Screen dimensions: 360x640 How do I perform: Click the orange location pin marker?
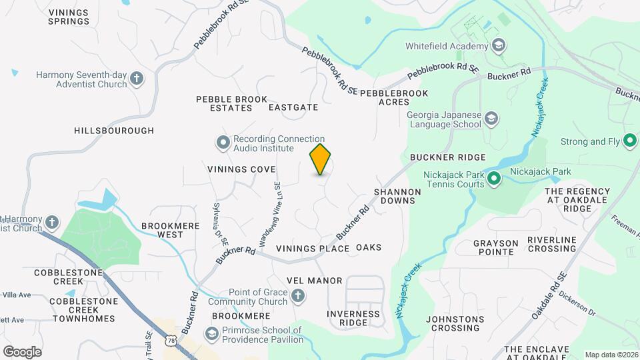click(x=320, y=159)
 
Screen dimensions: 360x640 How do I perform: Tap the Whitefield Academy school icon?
click(x=497, y=46)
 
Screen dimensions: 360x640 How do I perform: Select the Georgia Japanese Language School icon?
click(x=491, y=119)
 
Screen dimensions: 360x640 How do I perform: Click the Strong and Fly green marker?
click(x=629, y=141)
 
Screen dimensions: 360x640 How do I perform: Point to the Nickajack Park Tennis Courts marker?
click(x=493, y=179)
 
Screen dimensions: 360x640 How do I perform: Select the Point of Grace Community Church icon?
click(x=298, y=295)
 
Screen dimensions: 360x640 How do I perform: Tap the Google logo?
click(x=22, y=351)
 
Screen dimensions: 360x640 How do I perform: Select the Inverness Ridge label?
click(x=353, y=318)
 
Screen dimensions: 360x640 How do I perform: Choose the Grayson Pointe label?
click(x=493, y=247)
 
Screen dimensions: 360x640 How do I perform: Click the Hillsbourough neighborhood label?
click(x=114, y=131)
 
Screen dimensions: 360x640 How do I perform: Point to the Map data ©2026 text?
click(x=611, y=355)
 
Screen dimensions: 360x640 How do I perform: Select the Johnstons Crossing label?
click(x=453, y=323)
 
